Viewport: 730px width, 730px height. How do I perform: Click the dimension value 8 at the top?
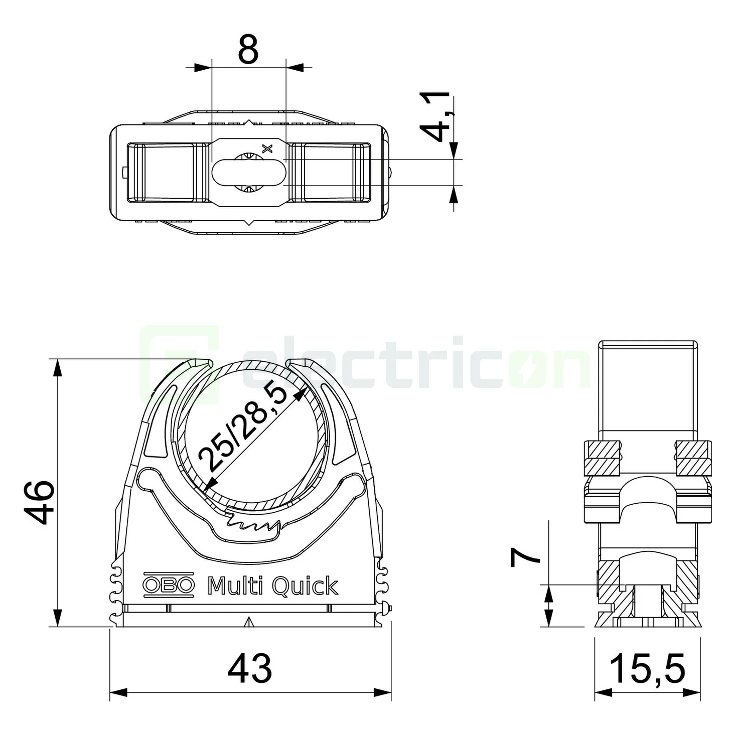(248, 49)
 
